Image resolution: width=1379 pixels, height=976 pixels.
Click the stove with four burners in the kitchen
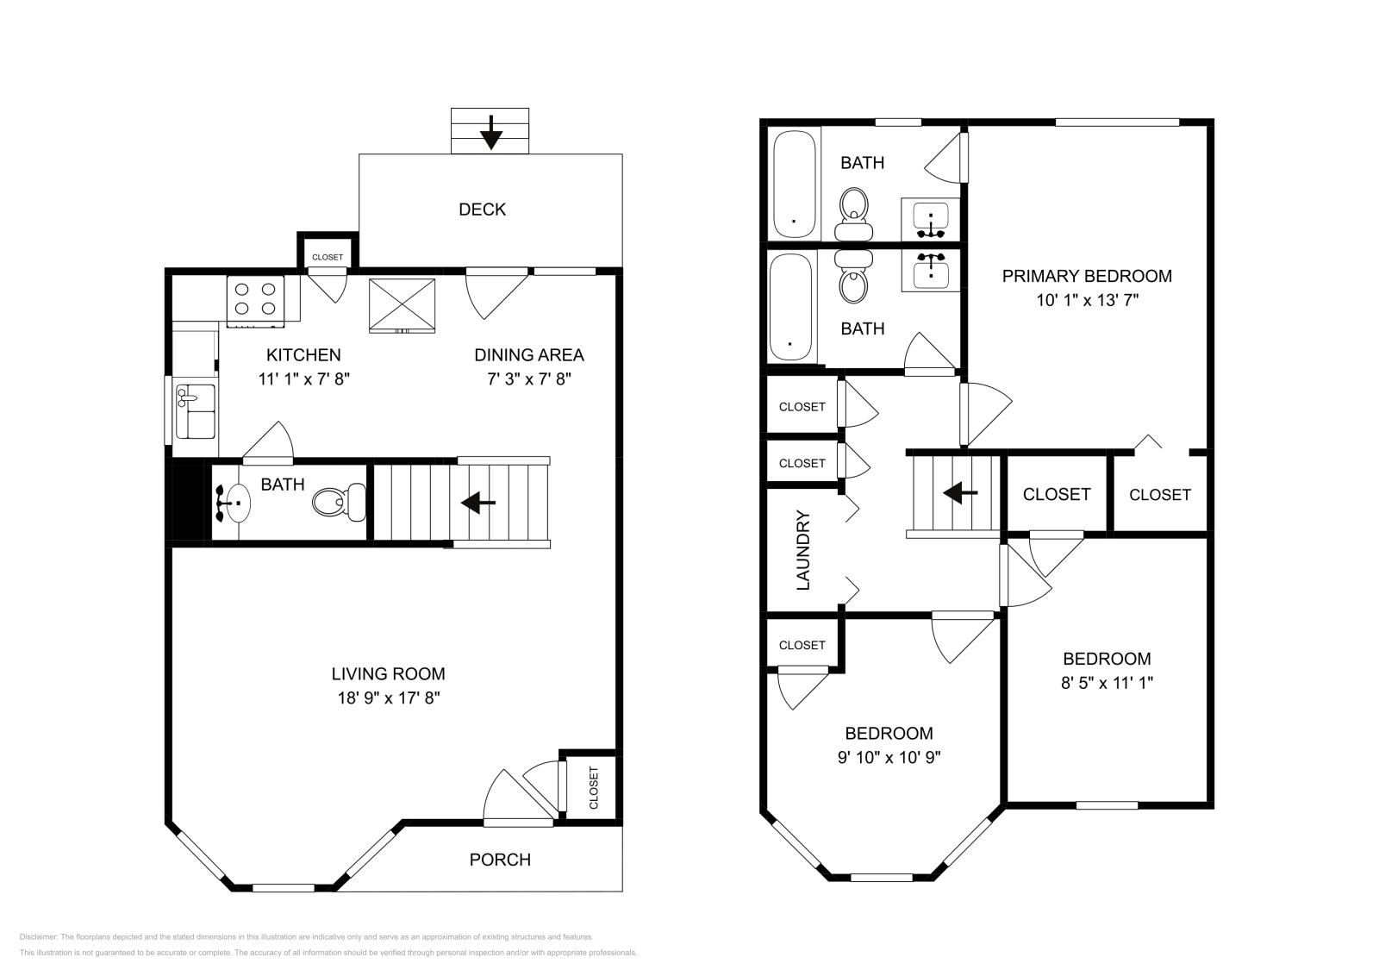pyautogui.click(x=256, y=299)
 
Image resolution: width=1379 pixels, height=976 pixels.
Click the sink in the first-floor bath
pyautogui.click(x=234, y=502)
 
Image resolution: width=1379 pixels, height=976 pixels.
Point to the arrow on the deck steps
pyautogui.click(x=490, y=132)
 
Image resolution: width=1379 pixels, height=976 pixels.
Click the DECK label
pyautogui.click(x=482, y=210)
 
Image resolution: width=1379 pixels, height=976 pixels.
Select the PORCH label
pyautogui.click(x=500, y=860)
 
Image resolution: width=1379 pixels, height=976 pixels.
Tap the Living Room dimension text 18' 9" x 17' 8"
pyautogui.click(x=389, y=698)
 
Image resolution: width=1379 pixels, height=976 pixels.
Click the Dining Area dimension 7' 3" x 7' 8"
pyautogui.click(x=528, y=379)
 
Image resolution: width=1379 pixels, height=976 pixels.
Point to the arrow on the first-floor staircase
pyautogui.click(x=477, y=503)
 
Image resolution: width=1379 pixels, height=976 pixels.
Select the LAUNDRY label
pyautogui.click(x=803, y=550)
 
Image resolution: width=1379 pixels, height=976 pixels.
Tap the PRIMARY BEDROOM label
pyautogui.click(x=1086, y=276)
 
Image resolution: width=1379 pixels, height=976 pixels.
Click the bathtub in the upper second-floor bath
pyautogui.click(x=793, y=184)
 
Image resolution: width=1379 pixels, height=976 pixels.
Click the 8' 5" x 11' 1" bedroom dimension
pyautogui.click(x=1107, y=683)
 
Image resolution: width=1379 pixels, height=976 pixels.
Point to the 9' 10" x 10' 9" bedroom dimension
pyautogui.click(x=889, y=758)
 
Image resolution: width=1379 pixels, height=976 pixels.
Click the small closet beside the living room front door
pyautogui.click(x=593, y=786)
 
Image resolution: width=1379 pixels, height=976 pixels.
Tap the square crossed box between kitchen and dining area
pyautogui.click(x=402, y=304)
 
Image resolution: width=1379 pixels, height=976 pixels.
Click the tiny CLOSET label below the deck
pyautogui.click(x=327, y=257)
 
